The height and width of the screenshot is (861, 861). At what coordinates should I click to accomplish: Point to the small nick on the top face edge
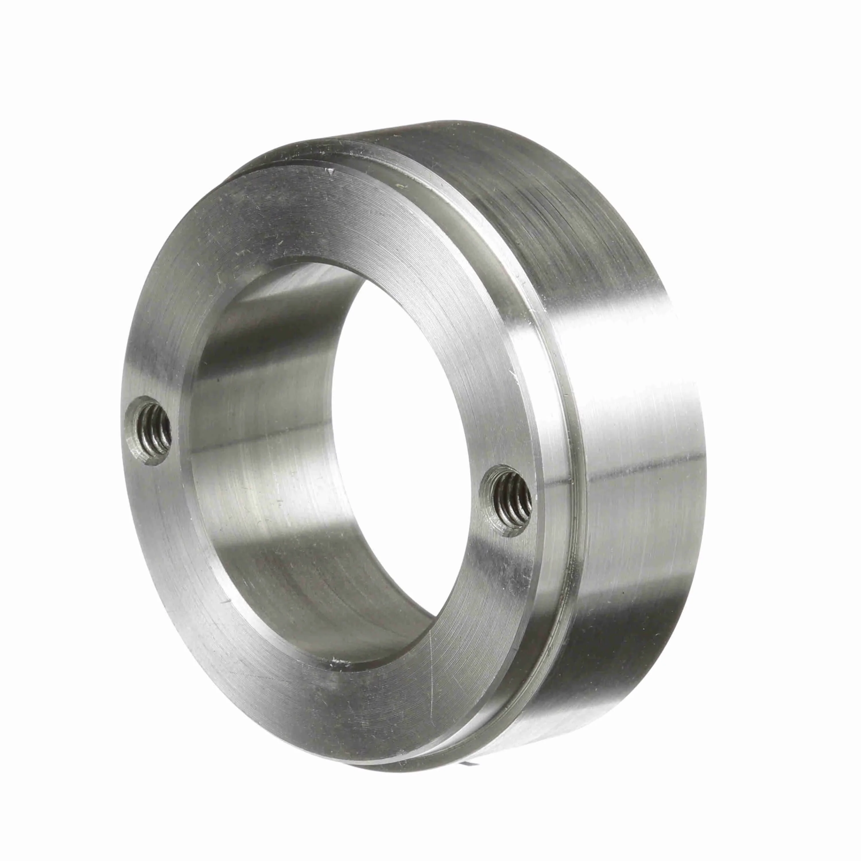[330, 171]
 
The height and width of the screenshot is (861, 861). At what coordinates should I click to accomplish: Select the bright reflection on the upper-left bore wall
[276, 290]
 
